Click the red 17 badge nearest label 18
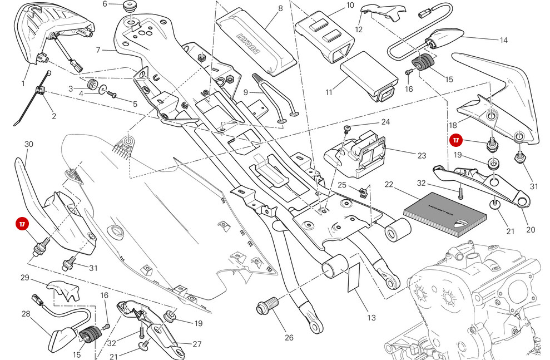(456, 141)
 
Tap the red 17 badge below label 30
(22, 224)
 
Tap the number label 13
(371, 318)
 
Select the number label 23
(422, 156)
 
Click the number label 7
(98, 50)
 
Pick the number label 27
(197, 344)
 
